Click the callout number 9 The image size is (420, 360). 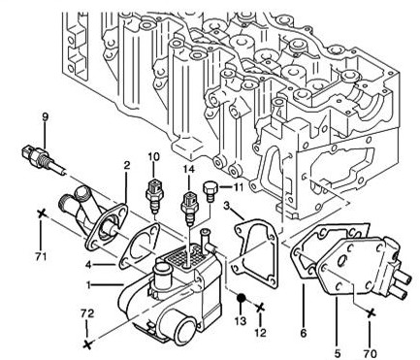46,117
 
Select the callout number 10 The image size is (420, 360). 154,157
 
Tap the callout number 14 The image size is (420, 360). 189,170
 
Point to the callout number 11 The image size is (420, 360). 239,186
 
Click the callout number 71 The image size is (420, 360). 41,257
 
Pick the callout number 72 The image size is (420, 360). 87,313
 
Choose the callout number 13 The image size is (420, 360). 241,320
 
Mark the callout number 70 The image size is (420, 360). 371,353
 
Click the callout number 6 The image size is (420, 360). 304,333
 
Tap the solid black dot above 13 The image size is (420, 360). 241,298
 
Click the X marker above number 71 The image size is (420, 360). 41,213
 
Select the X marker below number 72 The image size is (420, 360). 87,344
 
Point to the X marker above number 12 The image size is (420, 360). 260,308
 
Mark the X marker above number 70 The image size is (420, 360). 371,312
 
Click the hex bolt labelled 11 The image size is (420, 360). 209,191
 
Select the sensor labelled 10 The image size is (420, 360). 153,196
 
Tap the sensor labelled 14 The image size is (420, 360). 189,209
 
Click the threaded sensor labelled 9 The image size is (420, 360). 44,158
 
